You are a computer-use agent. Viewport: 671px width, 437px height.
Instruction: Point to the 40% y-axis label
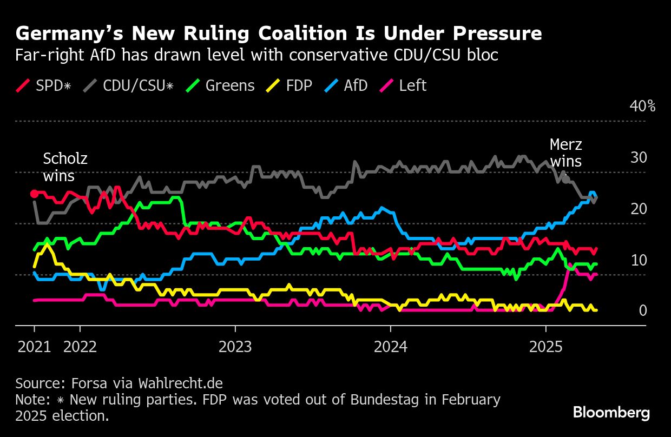coord(642,106)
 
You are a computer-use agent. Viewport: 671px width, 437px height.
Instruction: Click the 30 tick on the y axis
coord(639,157)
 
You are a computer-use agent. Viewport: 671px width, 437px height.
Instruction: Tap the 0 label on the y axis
coord(643,310)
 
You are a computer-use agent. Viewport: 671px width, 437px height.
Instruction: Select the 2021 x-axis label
coord(34,347)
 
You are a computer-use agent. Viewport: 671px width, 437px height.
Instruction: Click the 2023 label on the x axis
coord(235,347)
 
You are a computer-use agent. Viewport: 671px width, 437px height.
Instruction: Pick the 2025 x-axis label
coord(545,347)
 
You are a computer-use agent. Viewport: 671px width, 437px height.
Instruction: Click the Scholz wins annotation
coord(65,167)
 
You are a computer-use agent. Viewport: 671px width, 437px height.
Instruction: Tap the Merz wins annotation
coord(565,153)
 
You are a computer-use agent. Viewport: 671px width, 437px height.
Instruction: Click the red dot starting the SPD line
coord(34,194)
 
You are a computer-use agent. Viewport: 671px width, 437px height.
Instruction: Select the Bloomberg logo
coord(611,413)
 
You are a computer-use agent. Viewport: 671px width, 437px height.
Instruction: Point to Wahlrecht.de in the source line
coord(181,383)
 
